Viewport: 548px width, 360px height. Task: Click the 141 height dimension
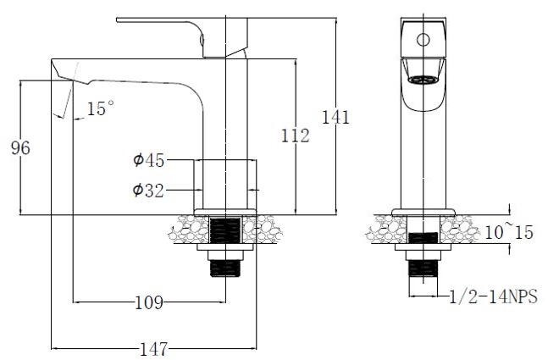336,118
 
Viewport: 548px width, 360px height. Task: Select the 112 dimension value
295,136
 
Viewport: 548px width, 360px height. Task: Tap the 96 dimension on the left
19,148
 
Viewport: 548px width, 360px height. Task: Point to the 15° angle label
100,108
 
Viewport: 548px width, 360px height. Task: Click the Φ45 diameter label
148,160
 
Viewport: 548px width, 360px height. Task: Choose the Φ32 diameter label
148,191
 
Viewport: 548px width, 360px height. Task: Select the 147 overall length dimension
152,347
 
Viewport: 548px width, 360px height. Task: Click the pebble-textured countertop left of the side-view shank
191,230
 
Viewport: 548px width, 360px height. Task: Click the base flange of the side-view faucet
226,212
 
